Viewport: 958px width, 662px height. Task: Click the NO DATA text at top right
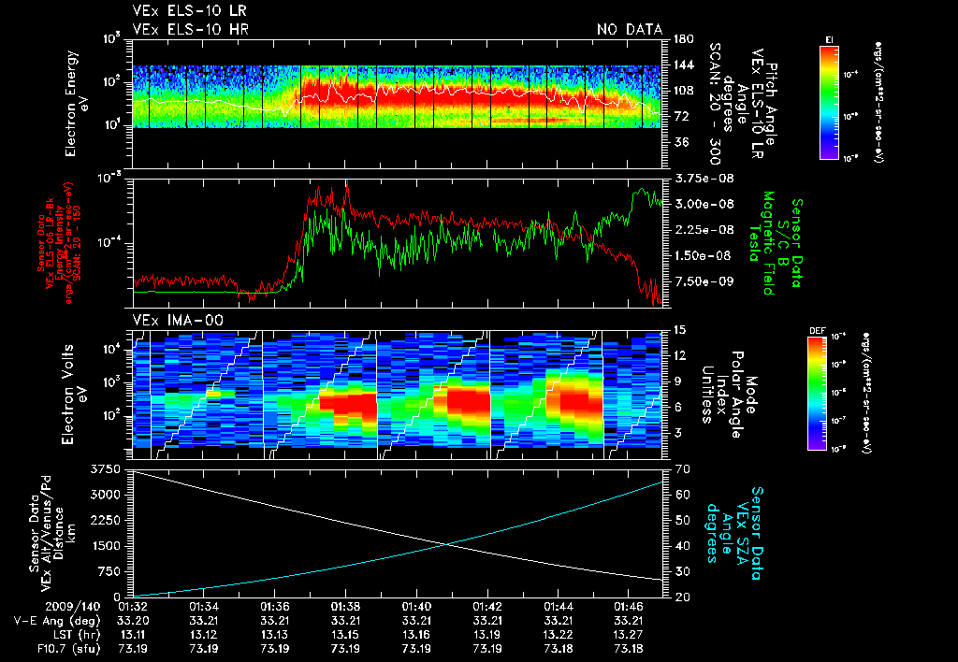pos(629,30)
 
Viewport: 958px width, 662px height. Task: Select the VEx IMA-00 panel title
pos(168,321)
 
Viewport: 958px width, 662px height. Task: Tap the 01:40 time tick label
pos(416,607)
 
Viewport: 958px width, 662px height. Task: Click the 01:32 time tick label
pos(134,607)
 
